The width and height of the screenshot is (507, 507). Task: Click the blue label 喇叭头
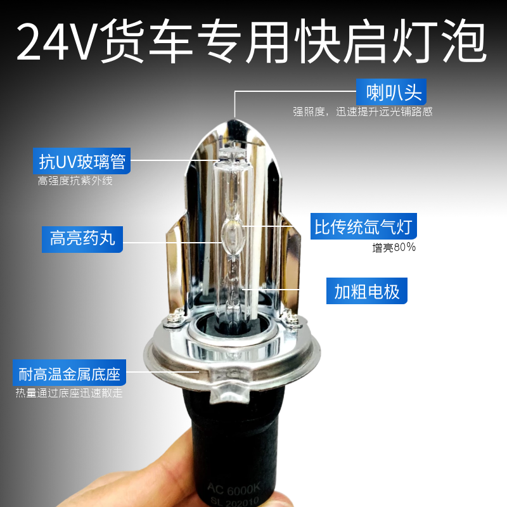[x=394, y=93]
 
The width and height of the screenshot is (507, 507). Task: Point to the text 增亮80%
[x=394, y=247]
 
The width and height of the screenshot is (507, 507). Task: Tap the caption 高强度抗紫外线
[x=75, y=181]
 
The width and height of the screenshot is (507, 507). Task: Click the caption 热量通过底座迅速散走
[x=69, y=393]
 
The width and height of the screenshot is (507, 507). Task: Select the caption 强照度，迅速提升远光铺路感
[x=363, y=112]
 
